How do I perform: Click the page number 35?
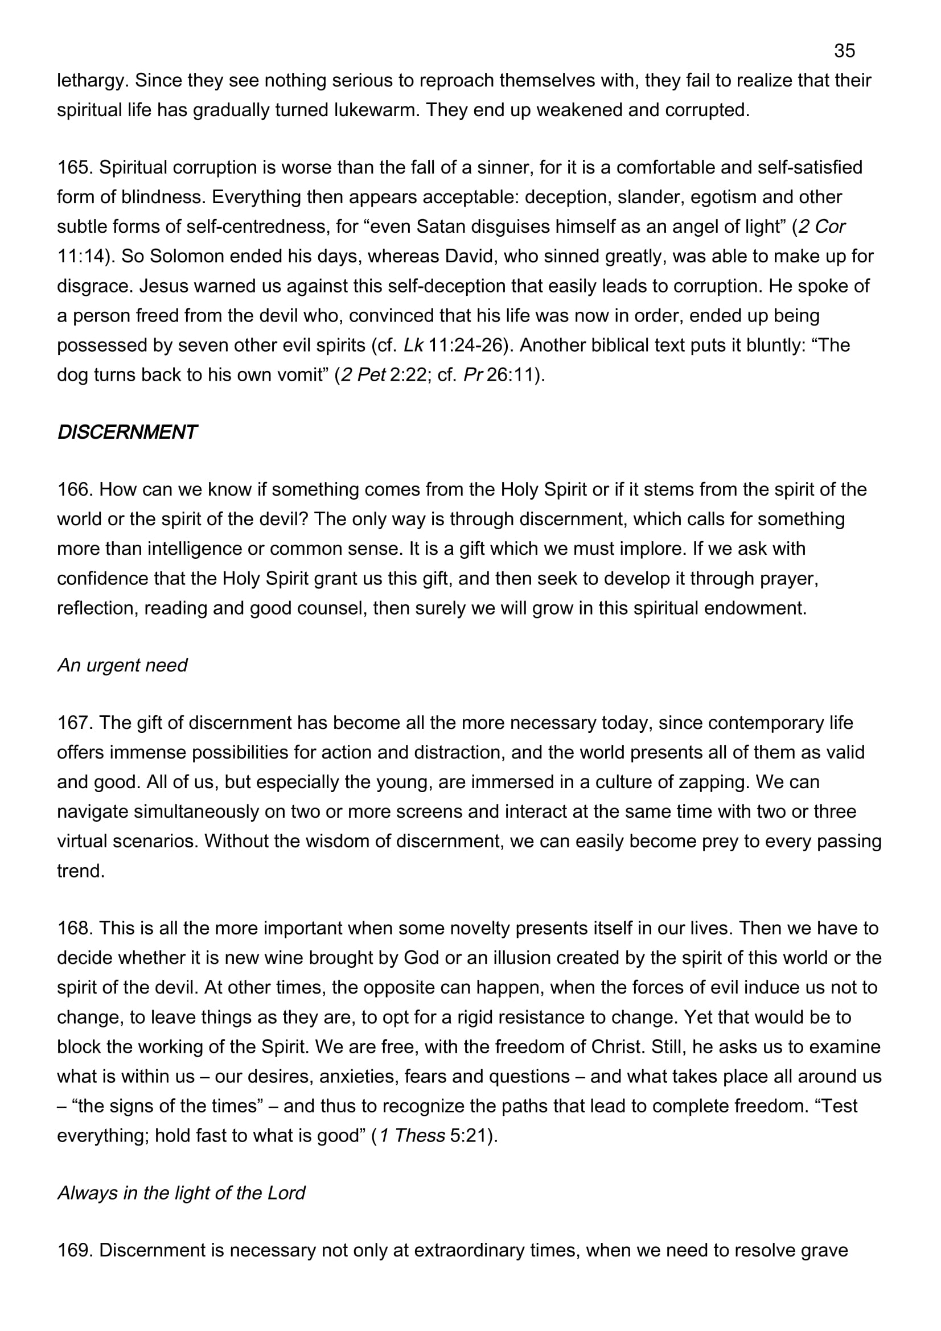pos(844,51)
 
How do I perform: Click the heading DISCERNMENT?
pos(127,432)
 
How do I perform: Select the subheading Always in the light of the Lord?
pos(181,1193)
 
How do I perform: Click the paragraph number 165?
pos(75,167)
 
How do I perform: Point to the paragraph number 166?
pos(75,489)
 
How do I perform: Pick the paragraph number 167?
pos(75,723)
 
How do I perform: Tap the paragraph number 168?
pos(75,928)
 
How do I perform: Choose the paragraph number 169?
pos(75,1250)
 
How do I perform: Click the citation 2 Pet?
pos(363,375)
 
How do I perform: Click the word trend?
pos(80,871)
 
